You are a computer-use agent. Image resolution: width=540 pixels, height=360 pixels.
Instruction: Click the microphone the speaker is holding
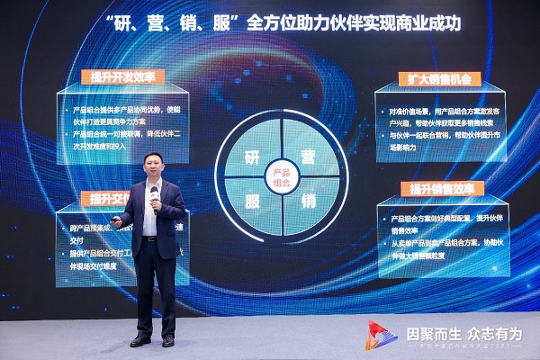pyautogui.click(x=156, y=204)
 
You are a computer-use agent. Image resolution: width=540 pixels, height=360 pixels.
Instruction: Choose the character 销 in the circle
pyautogui.click(x=308, y=199)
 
